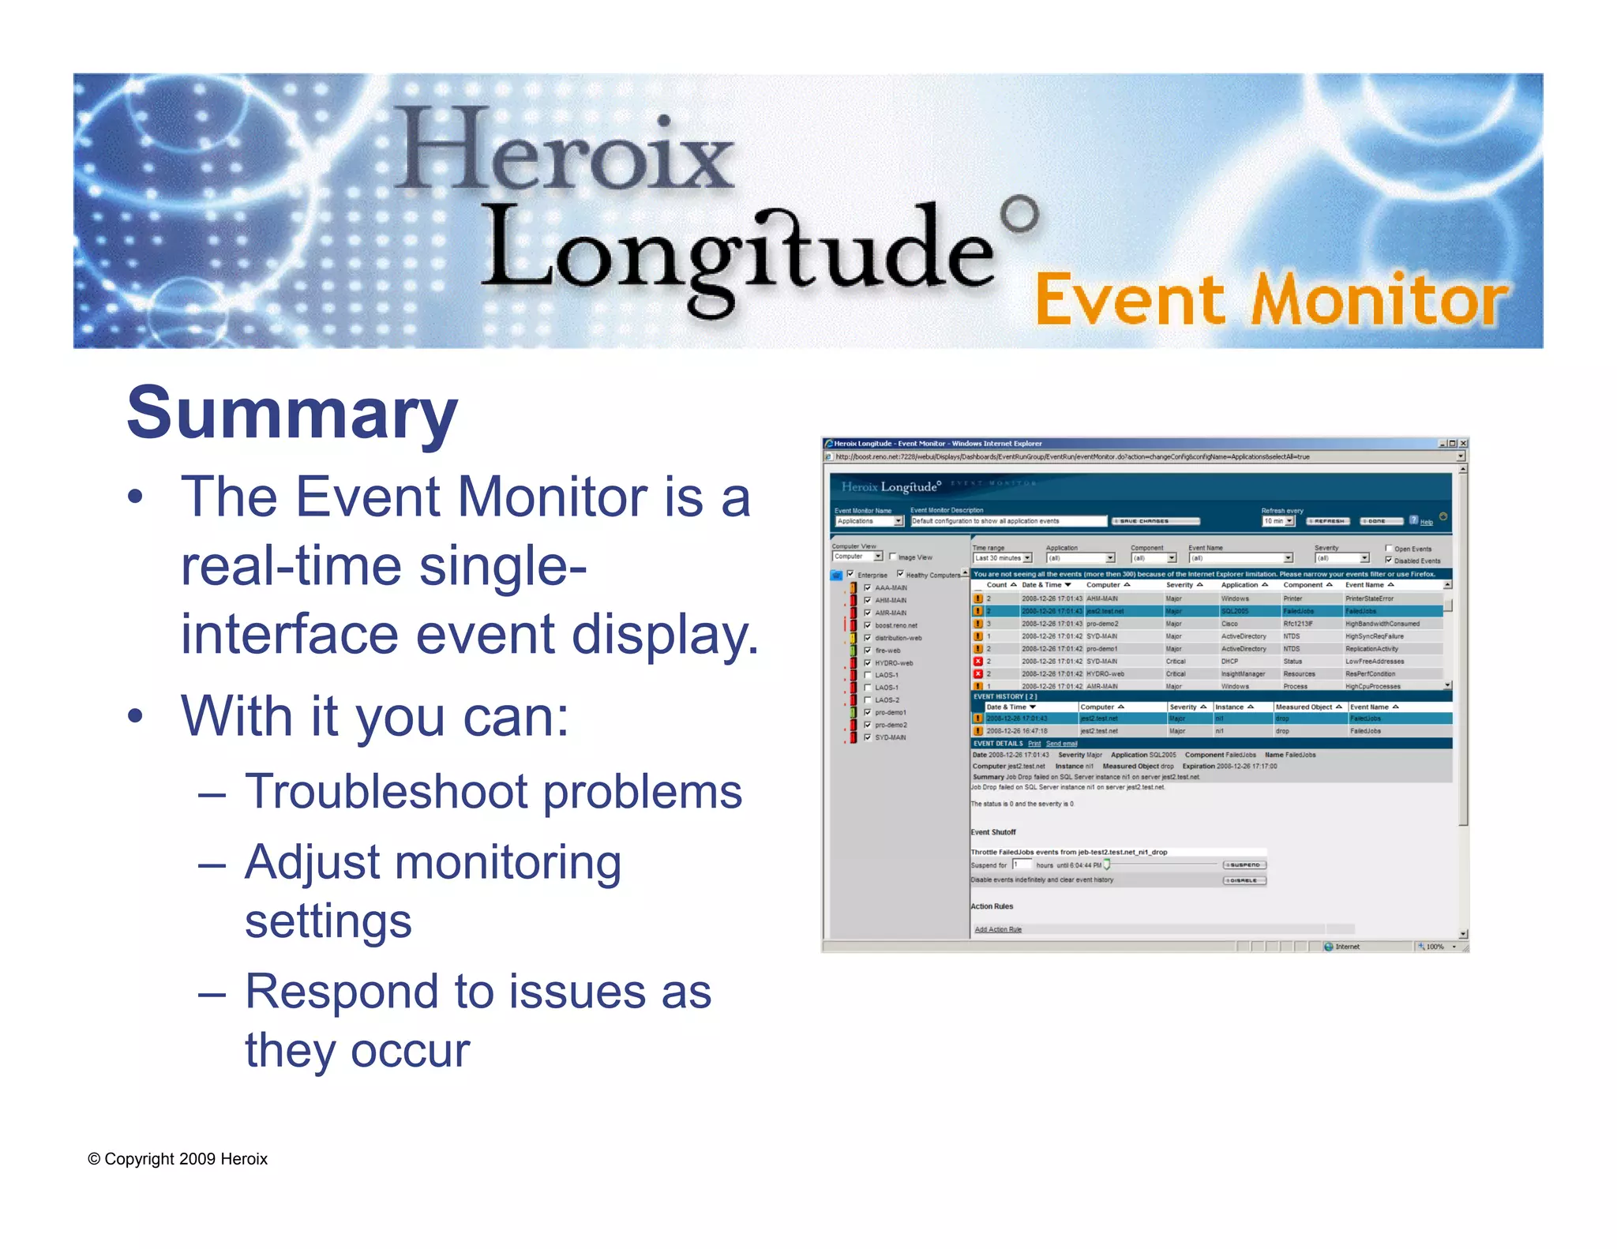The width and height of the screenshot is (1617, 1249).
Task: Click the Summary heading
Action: pyautogui.click(x=291, y=414)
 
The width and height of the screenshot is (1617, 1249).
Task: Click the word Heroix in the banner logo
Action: pyautogui.click(x=564, y=151)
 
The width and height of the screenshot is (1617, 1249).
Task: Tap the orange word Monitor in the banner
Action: pyautogui.click(x=1379, y=300)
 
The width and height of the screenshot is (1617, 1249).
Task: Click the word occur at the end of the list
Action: pyautogui.click(x=410, y=1050)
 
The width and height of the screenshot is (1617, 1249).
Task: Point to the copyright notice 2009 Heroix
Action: pyautogui.click(x=178, y=1159)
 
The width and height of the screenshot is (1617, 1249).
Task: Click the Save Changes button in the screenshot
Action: pyautogui.click(x=1155, y=521)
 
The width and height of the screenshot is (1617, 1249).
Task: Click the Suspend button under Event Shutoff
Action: pyautogui.click(x=1244, y=865)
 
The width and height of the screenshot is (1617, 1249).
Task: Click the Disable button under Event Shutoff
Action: pyautogui.click(x=1244, y=880)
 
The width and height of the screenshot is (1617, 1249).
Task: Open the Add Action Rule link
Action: pyautogui.click(x=998, y=929)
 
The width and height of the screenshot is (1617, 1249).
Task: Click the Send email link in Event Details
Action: pyautogui.click(x=1062, y=744)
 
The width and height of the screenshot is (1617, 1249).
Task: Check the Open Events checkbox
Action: pyautogui.click(x=1389, y=548)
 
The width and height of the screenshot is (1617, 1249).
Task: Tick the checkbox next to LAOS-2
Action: pyautogui.click(x=868, y=700)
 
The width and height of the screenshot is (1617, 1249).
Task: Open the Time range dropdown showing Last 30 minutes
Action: pyautogui.click(x=1002, y=558)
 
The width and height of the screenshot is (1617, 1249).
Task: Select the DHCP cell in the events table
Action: pyautogui.click(x=1229, y=662)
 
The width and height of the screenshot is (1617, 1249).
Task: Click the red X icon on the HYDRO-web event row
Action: pyautogui.click(x=978, y=674)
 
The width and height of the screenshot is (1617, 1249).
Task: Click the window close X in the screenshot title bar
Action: pyautogui.click(x=1463, y=444)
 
